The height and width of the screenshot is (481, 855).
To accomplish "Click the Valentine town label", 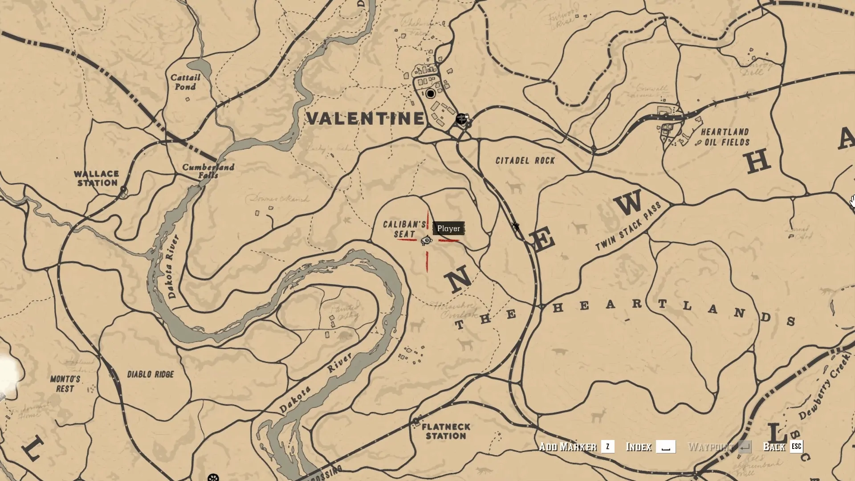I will pos(366,118).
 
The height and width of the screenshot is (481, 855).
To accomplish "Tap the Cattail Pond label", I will pos(185,82).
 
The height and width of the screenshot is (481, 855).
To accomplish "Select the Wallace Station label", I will pos(97,178).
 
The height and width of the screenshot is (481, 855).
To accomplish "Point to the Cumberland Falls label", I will pos(208,171).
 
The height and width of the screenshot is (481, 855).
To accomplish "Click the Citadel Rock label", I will pos(525,160).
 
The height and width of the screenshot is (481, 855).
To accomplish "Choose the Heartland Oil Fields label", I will pos(725,137).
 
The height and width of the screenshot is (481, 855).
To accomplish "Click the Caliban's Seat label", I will pos(404,229).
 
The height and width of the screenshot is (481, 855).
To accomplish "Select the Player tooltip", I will pos(448,228).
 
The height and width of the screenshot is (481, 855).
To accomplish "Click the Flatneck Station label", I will pos(446,431).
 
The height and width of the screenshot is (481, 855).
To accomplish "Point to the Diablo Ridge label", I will pos(151,374).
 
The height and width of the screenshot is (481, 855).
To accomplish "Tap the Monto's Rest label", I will pos(65,384).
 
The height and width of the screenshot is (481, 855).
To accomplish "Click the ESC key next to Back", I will pos(796,446).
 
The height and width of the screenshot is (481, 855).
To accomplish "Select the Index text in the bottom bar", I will pos(639,447).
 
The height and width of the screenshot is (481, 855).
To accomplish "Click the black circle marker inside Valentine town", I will pos(430,94).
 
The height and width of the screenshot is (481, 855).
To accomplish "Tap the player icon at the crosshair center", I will pos(427,240).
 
